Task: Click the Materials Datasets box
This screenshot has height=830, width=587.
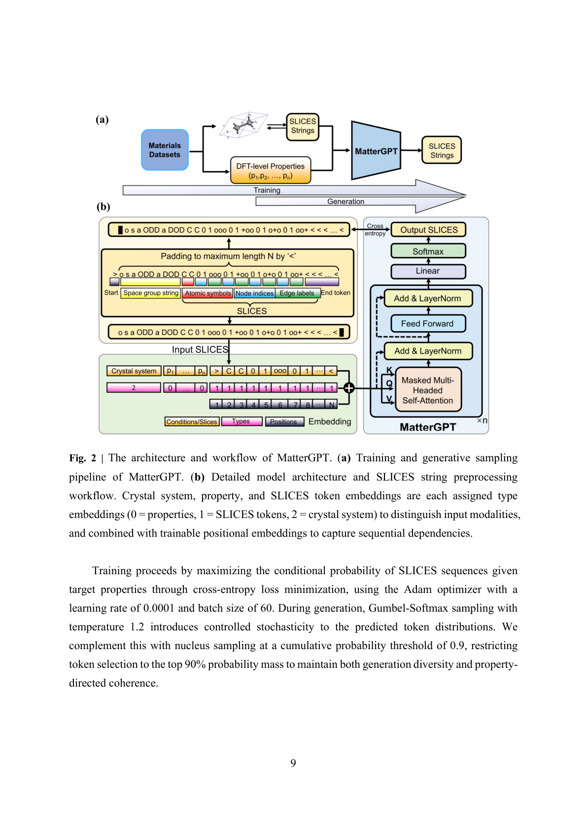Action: tap(165, 150)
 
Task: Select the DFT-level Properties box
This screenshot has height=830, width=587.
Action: tap(271, 171)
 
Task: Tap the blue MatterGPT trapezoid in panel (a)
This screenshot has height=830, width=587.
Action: tap(376, 151)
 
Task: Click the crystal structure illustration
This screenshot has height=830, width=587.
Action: tap(244, 125)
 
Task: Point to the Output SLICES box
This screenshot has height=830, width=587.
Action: tap(428, 230)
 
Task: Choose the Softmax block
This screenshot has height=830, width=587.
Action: tap(428, 251)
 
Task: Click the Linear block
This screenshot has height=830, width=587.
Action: tap(428, 271)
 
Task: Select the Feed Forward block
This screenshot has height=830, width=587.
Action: tap(427, 324)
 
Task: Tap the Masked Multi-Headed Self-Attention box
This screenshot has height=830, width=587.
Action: tap(428, 390)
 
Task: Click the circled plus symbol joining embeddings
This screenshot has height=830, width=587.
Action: tap(349, 388)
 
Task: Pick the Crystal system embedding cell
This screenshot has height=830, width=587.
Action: tap(134, 371)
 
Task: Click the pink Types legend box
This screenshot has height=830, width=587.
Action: tap(241, 421)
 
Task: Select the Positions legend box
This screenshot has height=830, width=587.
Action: tap(284, 422)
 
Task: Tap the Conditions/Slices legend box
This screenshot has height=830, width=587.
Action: tap(192, 422)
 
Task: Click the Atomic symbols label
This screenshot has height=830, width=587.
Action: tap(207, 293)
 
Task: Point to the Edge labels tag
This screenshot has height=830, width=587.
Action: tap(297, 293)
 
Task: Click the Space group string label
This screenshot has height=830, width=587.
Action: tap(151, 293)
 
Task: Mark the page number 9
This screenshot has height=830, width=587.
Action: tap(293, 763)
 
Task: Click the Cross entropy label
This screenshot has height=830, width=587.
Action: tap(375, 230)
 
